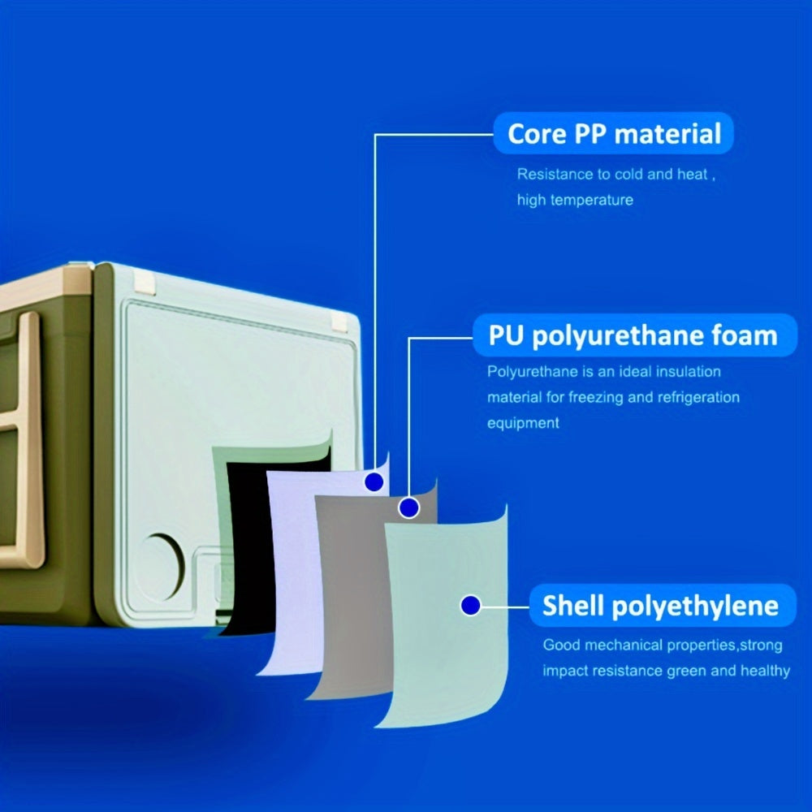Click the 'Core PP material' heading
tap(614, 134)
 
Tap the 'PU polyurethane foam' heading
tap(633, 335)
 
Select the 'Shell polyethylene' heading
tap(660, 606)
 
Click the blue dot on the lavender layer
tap(374, 482)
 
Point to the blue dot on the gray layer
tap(408, 508)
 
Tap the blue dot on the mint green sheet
tap(470, 605)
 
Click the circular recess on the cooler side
tap(162, 567)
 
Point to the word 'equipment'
tap(523, 423)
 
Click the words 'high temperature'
tap(575, 200)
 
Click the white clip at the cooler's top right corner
tap(339, 321)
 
